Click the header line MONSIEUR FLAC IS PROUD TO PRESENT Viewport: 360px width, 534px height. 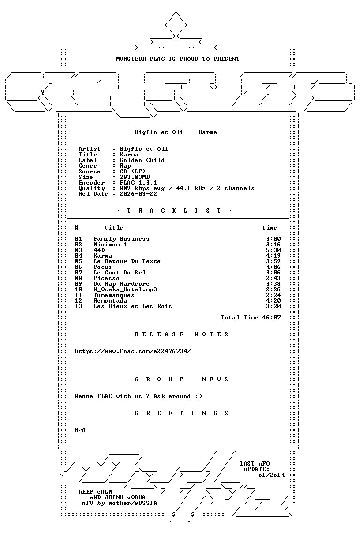point(178,59)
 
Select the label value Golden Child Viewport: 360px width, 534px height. point(142,160)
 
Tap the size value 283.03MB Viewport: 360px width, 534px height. point(135,177)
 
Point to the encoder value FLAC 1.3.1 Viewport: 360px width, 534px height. point(138,183)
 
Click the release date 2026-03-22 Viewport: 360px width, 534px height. point(138,194)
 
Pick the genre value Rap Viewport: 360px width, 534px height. point(126,166)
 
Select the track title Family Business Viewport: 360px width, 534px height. point(121,239)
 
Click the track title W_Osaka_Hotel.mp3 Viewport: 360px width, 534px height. point(125,289)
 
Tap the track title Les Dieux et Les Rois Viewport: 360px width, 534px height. point(133,306)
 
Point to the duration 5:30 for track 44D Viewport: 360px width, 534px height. point(273,250)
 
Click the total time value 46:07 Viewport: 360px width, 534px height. point(272,318)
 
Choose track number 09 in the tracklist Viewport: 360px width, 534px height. point(78,284)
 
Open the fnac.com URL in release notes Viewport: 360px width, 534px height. point(133,351)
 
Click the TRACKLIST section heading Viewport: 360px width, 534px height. point(174,211)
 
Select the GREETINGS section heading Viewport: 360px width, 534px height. point(181,413)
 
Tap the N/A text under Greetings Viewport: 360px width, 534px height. point(80,430)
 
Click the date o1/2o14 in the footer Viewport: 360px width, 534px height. point(272,475)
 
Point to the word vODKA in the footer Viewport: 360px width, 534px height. point(136,497)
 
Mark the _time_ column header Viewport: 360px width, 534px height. point(270,228)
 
